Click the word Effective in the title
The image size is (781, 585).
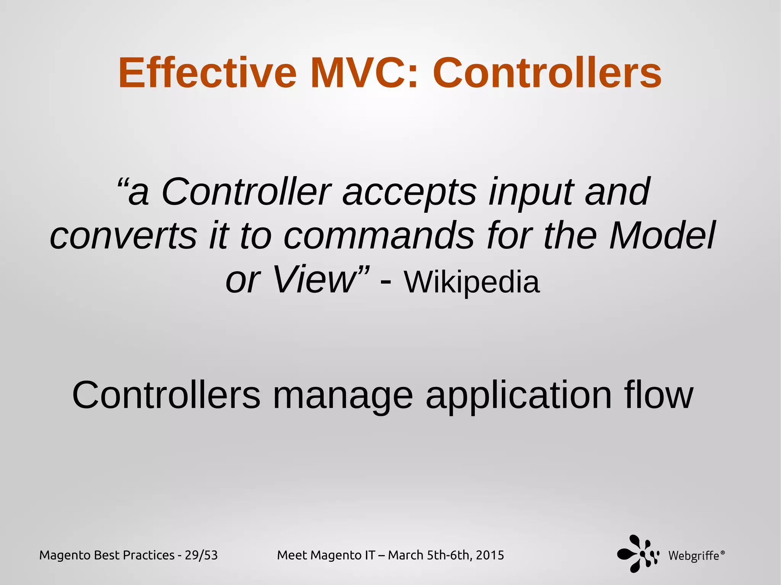tap(207, 73)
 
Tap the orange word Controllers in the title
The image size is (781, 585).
tap(547, 73)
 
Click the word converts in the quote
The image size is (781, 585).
tap(124, 236)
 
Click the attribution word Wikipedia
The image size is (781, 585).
tap(472, 282)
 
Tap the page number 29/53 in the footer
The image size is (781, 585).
tap(201, 555)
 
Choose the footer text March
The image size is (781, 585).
tap(406, 555)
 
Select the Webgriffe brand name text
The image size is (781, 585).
tap(693, 556)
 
